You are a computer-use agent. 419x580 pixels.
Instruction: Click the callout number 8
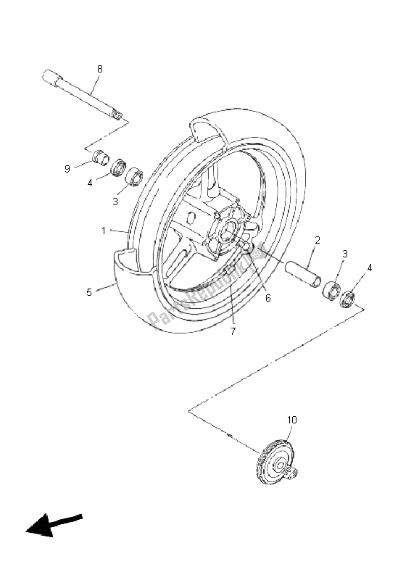pyautogui.click(x=100, y=69)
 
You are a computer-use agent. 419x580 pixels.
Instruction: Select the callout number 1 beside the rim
pyautogui.click(x=104, y=231)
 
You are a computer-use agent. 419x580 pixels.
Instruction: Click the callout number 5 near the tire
pyautogui.click(x=89, y=292)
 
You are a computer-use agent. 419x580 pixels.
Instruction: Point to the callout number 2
pyautogui.click(x=318, y=239)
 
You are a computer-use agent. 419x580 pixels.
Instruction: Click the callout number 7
pyautogui.click(x=233, y=331)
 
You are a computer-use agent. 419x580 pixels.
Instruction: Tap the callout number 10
pyautogui.click(x=292, y=420)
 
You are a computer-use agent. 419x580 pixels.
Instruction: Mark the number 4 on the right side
pyautogui.click(x=370, y=268)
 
